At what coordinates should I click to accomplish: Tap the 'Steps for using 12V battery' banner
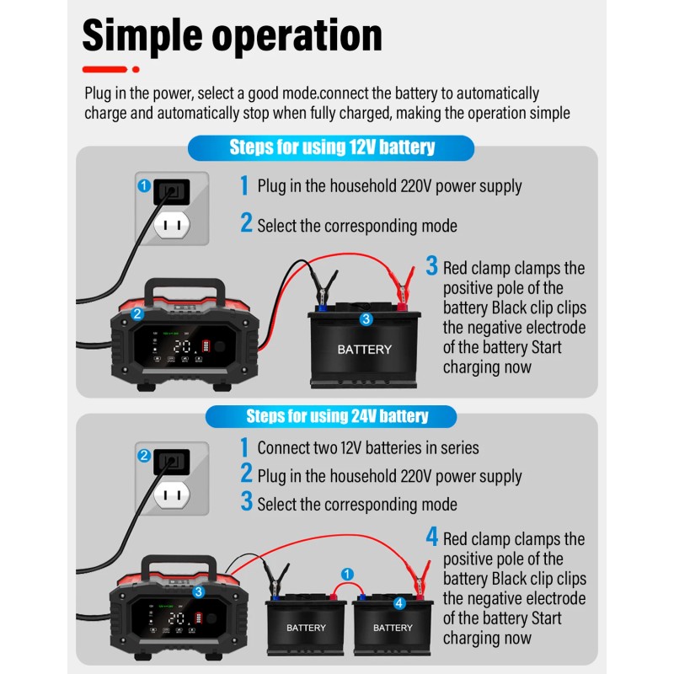[x=332, y=148]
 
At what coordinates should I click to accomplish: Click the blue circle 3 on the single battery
[x=366, y=319]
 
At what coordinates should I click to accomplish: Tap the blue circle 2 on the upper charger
[x=137, y=314]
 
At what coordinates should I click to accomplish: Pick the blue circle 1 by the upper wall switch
[x=144, y=185]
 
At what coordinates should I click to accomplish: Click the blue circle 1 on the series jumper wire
[x=346, y=574]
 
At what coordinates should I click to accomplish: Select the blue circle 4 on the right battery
[x=399, y=602]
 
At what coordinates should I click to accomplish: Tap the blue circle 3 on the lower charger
[x=198, y=591]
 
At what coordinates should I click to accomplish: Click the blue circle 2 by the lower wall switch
[x=144, y=456]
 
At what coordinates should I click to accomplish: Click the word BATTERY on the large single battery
[x=364, y=349]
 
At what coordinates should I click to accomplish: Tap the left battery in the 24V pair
[x=305, y=628]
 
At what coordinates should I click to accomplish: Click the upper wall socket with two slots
[x=174, y=223]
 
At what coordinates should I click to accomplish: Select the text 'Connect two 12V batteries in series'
[x=368, y=447]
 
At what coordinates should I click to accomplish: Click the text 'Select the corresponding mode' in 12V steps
[x=357, y=226]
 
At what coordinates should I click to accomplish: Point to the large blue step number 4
[x=431, y=536]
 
